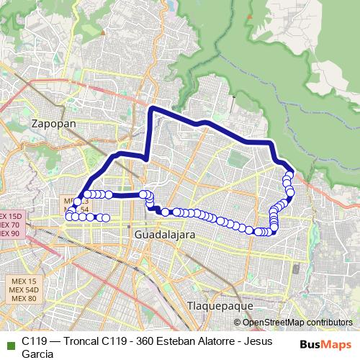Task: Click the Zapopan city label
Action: pyautogui.click(x=54, y=124)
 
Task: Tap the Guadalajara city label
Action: pyautogui.click(x=165, y=235)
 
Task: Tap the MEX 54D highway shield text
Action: pyautogui.click(x=24, y=289)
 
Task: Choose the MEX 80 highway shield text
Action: pyautogui.click(x=24, y=298)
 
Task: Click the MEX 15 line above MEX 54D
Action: pyautogui.click(x=24, y=281)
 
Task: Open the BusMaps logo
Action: pyautogui.click(x=325, y=345)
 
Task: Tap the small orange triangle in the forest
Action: pyautogui.click(x=234, y=96)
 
